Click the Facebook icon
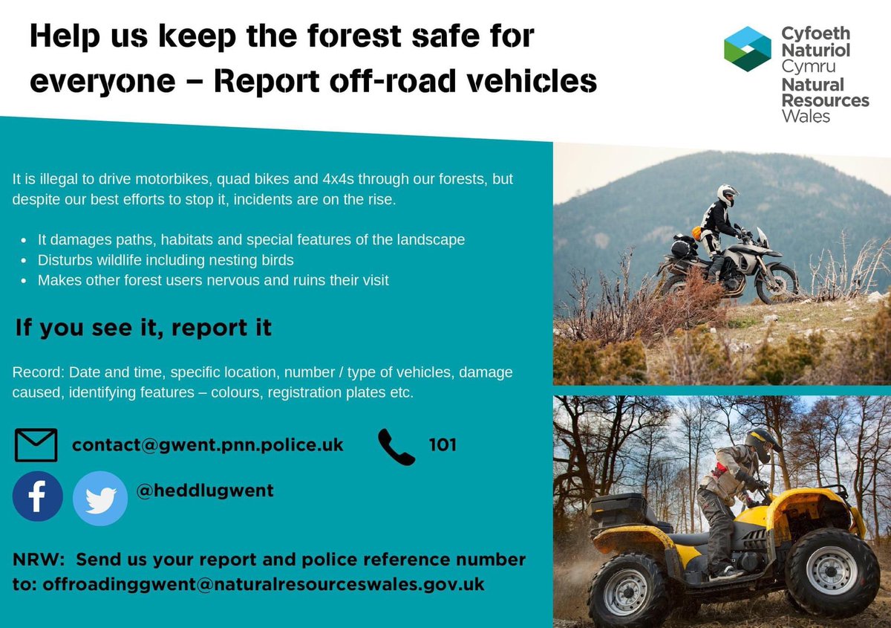[37, 496]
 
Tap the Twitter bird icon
[100, 499]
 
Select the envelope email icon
[36, 445]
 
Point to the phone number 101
[443, 445]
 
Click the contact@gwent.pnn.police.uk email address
[207, 445]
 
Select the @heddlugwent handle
[204, 491]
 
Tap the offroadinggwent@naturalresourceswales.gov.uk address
[263, 584]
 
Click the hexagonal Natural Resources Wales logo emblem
[748, 49]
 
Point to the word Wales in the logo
[806, 116]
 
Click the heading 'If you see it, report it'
[143, 328]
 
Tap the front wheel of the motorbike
[776, 283]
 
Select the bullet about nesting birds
[166, 260]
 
